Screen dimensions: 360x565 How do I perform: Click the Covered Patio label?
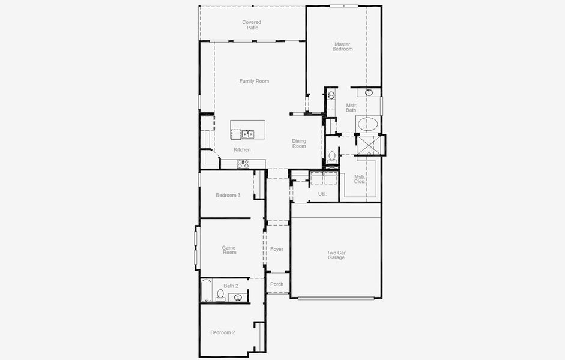click(252, 25)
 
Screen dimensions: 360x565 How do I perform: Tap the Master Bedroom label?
click(343, 46)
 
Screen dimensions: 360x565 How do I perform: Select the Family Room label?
click(254, 81)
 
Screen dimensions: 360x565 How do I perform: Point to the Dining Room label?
click(299, 143)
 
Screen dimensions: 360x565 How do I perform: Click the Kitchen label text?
click(242, 149)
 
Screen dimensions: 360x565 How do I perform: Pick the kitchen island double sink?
click(248, 134)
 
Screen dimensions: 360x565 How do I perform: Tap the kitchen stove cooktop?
click(243, 163)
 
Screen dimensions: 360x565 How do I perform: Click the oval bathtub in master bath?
click(367, 125)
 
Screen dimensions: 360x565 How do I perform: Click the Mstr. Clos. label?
click(360, 179)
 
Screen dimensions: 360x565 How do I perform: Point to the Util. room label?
click(322, 194)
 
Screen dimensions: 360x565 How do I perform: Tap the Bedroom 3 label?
click(228, 195)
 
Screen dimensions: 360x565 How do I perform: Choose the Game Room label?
click(229, 250)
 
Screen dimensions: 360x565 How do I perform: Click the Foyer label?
click(277, 249)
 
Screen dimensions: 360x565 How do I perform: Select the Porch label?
click(277, 284)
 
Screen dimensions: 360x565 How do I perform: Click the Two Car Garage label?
click(336, 255)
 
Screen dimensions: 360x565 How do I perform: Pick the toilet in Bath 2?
click(220, 295)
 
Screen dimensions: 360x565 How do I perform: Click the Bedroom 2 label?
click(222, 332)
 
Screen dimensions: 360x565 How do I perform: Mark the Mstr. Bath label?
click(351, 108)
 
